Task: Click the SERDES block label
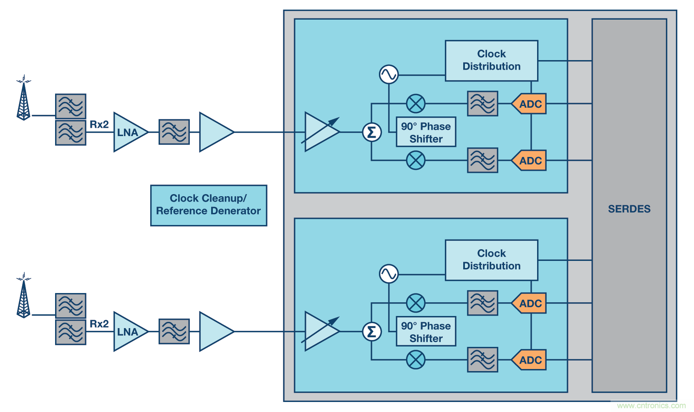pyautogui.click(x=629, y=209)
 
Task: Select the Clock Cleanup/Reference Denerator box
pyautogui.click(x=208, y=205)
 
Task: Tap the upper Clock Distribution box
pyautogui.click(x=491, y=61)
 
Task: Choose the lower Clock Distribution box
pyautogui.click(x=491, y=260)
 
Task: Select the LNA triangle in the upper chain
pyautogui.click(x=128, y=132)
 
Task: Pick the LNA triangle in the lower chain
pyautogui.click(x=128, y=332)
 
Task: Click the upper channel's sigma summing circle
pyautogui.click(x=371, y=132)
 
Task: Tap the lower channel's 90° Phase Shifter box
pyautogui.click(x=425, y=331)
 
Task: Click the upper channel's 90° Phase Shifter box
pyautogui.click(x=425, y=132)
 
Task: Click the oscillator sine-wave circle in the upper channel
pyautogui.click(x=389, y=75)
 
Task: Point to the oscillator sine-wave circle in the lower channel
pyautogui.click(x=389, y=274)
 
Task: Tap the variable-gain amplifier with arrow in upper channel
pyautogui.click(x=321, y=132)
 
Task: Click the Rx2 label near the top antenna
pyautogui.click(x=99, y=124)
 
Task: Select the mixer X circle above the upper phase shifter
pyautogui.click(x=416, y=104)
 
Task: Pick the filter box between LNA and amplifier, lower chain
pyautogui.click(x=174, y=331)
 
